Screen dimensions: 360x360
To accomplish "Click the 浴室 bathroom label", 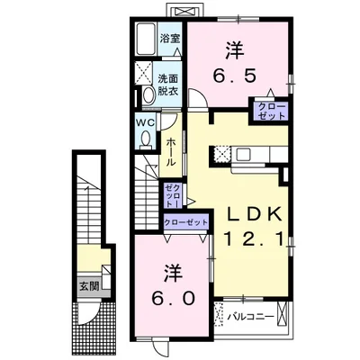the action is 170,39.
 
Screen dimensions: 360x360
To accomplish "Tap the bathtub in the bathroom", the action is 146,39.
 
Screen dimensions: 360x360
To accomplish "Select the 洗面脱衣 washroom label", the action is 168,85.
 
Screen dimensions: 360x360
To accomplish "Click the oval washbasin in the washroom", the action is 148,94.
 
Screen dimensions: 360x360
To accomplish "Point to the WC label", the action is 146,122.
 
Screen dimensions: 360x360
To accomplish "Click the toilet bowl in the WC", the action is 147,139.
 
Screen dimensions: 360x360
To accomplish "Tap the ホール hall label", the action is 171,152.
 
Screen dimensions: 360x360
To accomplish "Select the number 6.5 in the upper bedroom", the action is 235,76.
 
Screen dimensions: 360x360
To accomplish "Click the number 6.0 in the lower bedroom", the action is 175,298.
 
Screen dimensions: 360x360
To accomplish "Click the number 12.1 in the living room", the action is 254,239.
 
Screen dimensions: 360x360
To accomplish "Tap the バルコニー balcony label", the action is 250,317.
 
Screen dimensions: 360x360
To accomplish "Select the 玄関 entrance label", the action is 89,287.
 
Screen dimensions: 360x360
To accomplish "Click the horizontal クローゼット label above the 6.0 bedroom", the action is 185,222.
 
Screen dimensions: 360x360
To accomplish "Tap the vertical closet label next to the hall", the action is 174,196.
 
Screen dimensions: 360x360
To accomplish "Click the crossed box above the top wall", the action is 186,12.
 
